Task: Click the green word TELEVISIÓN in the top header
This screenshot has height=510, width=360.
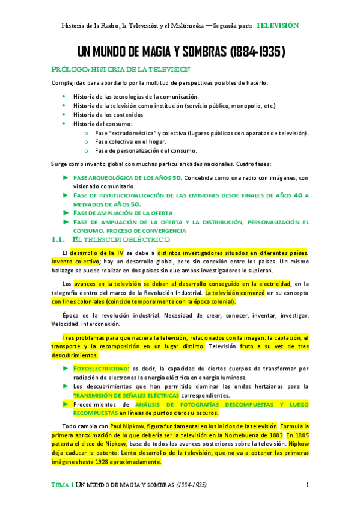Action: (277, 26)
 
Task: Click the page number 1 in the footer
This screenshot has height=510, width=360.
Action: (307, 485)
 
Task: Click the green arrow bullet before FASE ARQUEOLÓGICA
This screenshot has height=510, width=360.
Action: (66, 177)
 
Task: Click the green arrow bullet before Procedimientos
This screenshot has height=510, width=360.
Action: (66, 404)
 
